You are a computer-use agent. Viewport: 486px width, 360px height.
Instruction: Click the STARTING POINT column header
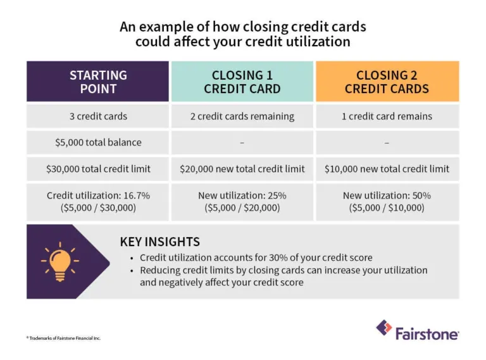97,82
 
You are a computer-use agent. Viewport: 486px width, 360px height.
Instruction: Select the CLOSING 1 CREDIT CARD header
242,82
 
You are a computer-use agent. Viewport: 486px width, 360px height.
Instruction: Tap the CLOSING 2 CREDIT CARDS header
387,82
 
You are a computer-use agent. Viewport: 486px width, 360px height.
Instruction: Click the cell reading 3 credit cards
97,116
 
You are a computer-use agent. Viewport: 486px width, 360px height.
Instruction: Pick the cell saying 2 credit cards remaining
242,116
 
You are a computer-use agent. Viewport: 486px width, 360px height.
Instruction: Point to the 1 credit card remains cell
387,116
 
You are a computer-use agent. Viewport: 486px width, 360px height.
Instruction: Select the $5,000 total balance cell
97,143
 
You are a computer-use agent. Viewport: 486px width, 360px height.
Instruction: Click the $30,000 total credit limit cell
97,169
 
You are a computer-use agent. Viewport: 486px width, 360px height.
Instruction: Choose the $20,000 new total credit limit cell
242,169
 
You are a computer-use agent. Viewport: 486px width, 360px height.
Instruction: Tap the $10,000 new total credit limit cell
387,169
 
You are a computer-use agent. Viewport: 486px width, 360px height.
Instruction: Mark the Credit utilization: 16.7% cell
97,202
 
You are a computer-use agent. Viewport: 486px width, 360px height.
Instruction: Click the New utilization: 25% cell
242,202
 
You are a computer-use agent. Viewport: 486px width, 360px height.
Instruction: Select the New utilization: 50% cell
387,202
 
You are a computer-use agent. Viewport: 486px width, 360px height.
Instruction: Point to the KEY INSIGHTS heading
159,242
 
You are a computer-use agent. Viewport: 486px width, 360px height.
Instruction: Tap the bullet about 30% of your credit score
256,258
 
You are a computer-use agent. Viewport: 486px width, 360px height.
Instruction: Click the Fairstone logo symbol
383,328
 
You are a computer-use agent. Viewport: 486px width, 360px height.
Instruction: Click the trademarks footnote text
63,338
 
